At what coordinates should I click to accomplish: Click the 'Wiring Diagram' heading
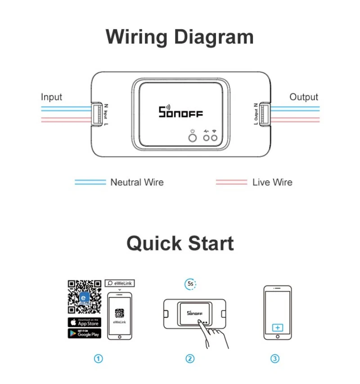180,37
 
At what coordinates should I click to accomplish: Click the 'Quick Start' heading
180,243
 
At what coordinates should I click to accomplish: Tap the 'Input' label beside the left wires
51,97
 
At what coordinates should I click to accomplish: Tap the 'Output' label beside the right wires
303,97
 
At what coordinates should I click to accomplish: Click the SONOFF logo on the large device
181,112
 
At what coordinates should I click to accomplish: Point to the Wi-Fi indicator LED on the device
215,137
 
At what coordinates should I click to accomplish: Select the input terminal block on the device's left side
96,114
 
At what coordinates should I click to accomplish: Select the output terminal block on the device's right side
264,114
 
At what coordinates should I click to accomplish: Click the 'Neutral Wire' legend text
137,182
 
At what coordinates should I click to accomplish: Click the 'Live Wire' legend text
272,182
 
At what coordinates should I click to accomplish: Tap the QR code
84,297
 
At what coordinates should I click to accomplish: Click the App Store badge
84,322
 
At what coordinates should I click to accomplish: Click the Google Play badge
84,333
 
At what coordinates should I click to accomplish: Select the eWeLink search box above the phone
120,283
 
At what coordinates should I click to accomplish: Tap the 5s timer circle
190,284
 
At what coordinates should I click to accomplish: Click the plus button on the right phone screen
278,327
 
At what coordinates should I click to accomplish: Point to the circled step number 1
99,359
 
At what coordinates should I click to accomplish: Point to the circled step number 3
275,359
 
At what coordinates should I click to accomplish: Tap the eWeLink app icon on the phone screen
119,313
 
